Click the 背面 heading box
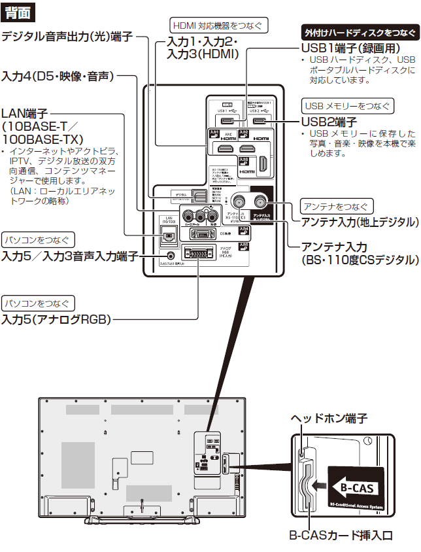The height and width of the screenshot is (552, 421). pyautogui.click(x=16, y=12)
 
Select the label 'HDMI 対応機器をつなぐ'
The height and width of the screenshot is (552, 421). pyautogui.click(x=217, y=26)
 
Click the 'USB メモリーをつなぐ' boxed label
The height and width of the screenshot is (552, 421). pyautogui.click(x=347, y=106)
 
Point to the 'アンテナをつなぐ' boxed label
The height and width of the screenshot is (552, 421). pyautogui.click(x=337, y=206)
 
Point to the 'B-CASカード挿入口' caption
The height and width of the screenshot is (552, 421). pyautogui.click(x=341, y=536)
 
